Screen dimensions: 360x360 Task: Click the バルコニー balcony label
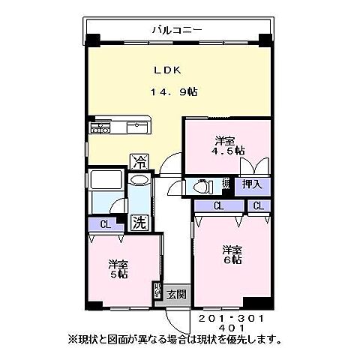[175, 30]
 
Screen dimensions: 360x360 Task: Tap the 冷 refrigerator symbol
[139, 160]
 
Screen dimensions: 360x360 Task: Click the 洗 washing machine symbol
[139, 222]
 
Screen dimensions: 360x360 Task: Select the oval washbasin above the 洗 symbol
[139, 181]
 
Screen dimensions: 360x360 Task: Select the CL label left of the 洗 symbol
[104, 223]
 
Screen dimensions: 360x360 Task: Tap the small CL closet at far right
[258, 205]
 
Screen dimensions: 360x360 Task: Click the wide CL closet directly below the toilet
[218, 205]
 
